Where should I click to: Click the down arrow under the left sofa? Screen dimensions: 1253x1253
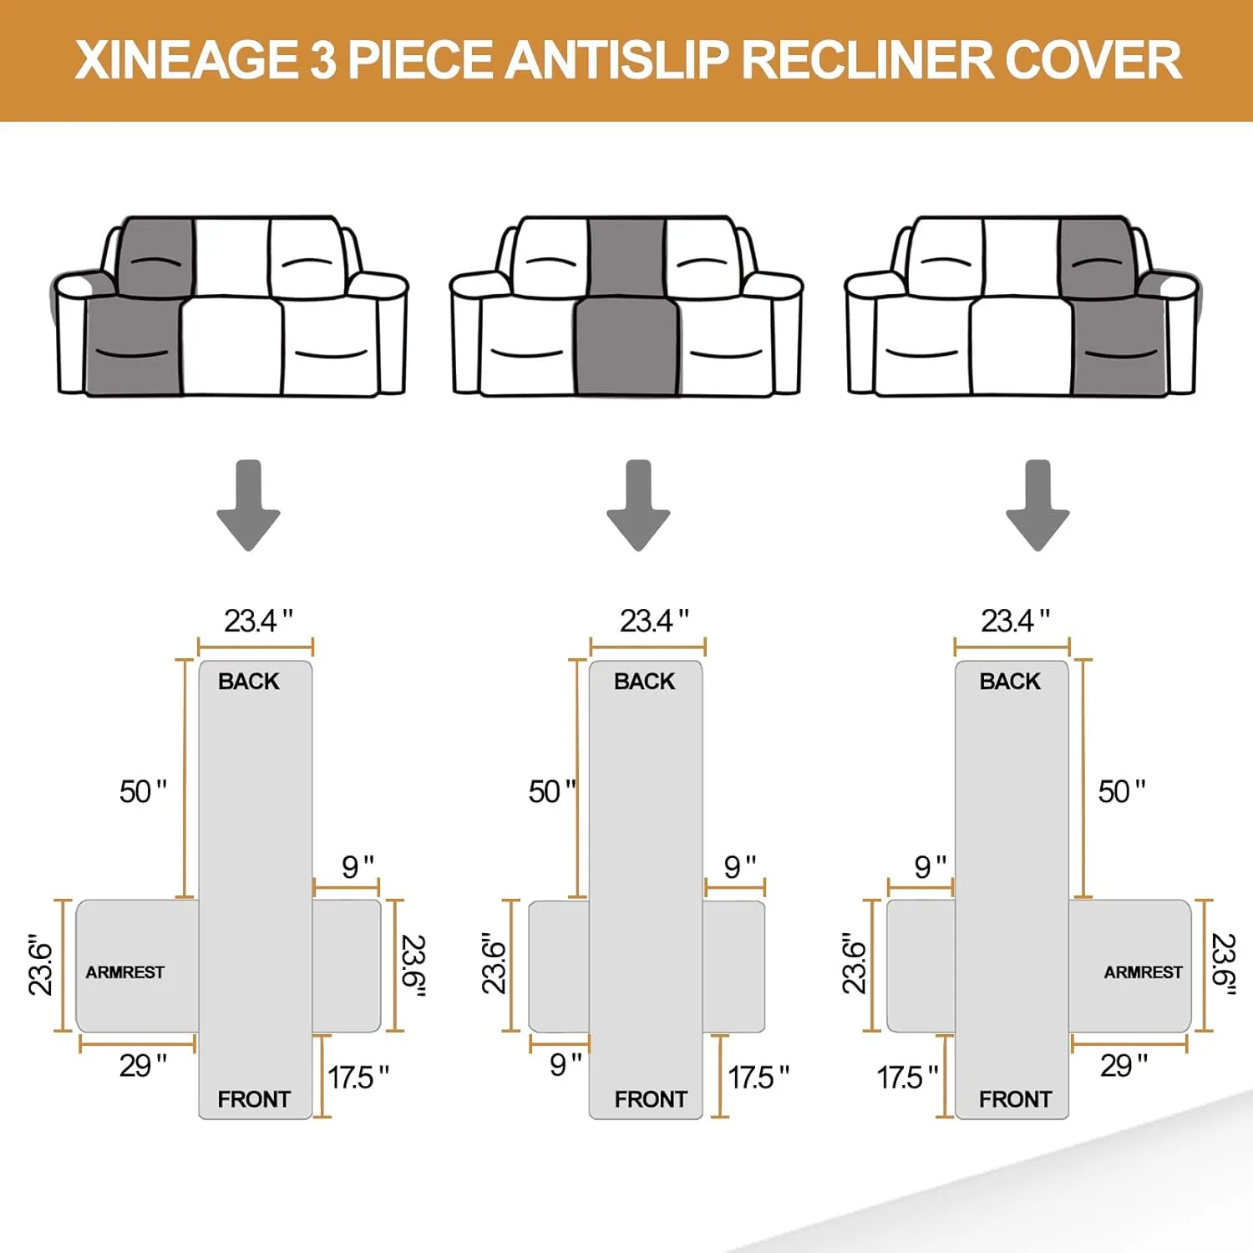click(x=248, y=506)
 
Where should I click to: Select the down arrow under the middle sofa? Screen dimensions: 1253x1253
click(x=638, y=506)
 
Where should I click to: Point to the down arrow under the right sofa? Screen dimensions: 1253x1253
click(x=1037, y=506)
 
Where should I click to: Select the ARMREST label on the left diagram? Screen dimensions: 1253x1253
click(x=125, y=972)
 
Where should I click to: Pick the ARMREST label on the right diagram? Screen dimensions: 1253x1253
click(x=1143, y=972)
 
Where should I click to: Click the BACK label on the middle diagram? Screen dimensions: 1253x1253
click(x=644, y=682)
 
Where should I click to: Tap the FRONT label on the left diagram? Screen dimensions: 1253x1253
click(x=254, y=1099)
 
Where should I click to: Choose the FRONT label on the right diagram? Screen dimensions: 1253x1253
click(x=1015, y=1099)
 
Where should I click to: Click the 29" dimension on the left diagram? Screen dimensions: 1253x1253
click(x=142, y=1066)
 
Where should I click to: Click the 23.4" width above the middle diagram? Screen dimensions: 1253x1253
click(x=653, y=621)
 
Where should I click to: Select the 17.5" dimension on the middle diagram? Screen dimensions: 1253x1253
click(x=758, y=1078)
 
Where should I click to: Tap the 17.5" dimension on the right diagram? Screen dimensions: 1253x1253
click(x=907, y=1078)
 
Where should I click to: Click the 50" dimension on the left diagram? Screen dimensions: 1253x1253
click(x=143, y=791)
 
